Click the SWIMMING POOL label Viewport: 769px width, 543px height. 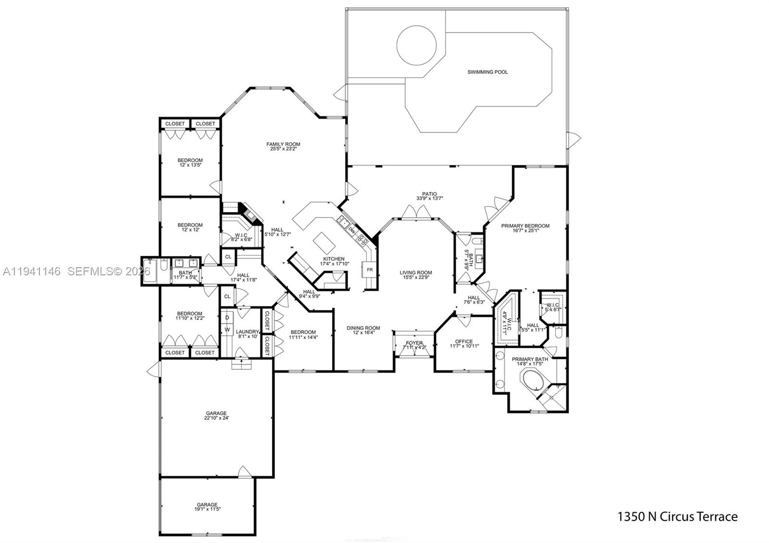click(x=487, y=72)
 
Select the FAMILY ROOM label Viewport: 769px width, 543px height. click(x=283, y=144)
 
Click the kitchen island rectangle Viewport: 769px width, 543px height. click(x=325, y=243)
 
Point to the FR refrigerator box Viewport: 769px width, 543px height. click(x=370, y=270)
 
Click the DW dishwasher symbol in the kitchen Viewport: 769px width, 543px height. click(x=352, y=230)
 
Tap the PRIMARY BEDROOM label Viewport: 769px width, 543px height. click(x=525, y=226)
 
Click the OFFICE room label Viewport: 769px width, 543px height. click(x=464, y=342)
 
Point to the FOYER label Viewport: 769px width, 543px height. click(x=414, y=343)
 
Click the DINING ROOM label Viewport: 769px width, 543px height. click(x=363, y=328)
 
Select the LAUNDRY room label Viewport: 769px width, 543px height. click(x=248, y=332)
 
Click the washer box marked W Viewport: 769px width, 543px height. click(x=227, y=330)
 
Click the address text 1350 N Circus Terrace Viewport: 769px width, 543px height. click(x=677, y=517)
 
